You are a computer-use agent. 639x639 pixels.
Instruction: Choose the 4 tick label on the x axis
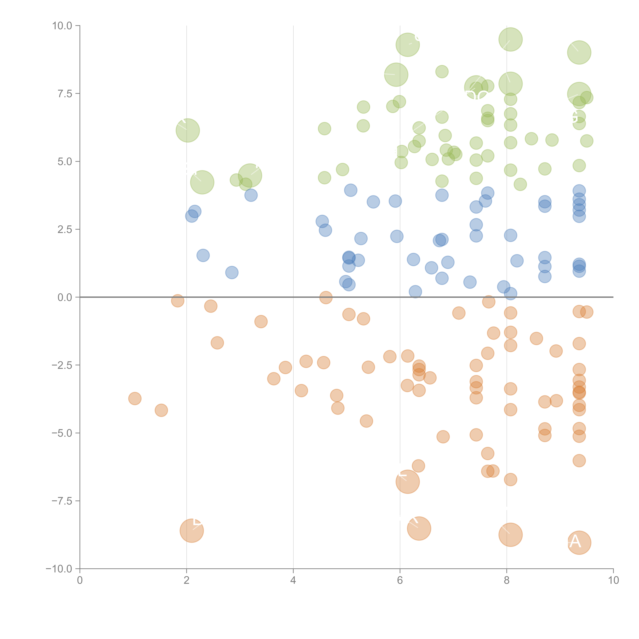coord(293,580)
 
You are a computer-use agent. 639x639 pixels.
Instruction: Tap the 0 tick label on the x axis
coord(80,580)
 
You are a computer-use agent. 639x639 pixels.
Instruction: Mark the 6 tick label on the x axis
coord(400,580)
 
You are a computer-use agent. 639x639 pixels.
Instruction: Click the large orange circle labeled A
coord(579,542)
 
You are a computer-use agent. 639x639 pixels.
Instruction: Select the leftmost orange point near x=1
coord(135,399)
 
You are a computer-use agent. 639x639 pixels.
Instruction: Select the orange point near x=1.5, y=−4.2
coord(161,410)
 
